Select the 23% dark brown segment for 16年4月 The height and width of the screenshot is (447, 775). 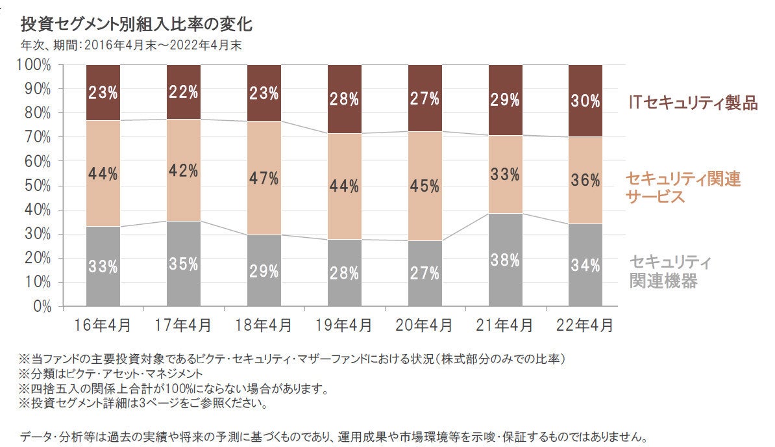[x=103, y=92]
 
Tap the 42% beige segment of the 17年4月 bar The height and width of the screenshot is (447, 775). [x=184, y=170]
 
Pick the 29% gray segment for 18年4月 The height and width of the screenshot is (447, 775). [x=264, y=270]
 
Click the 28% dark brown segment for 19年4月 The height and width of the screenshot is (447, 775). [x=345, y=99]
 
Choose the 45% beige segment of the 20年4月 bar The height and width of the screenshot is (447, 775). [x=425, y=186]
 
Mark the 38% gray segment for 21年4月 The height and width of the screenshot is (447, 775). [x=506, y=260]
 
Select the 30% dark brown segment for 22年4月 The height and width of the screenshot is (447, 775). [x=585, y=101]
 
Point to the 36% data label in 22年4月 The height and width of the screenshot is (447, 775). [x=585, y=181]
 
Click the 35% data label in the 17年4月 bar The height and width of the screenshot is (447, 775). [x=184, y=265]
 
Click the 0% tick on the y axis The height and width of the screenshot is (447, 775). [x=41, y=305]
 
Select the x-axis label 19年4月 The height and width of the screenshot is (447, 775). [x=345, y=324]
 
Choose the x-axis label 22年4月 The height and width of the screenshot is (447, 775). [x=585, y=324]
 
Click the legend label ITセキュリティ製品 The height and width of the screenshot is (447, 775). [x=693, y=103]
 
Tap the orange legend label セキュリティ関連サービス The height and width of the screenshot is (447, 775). [x=683, y=187]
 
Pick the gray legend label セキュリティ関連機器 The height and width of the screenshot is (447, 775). [x=669, y=272]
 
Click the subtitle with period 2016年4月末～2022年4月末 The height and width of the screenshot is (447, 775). [x=131, y=45]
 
